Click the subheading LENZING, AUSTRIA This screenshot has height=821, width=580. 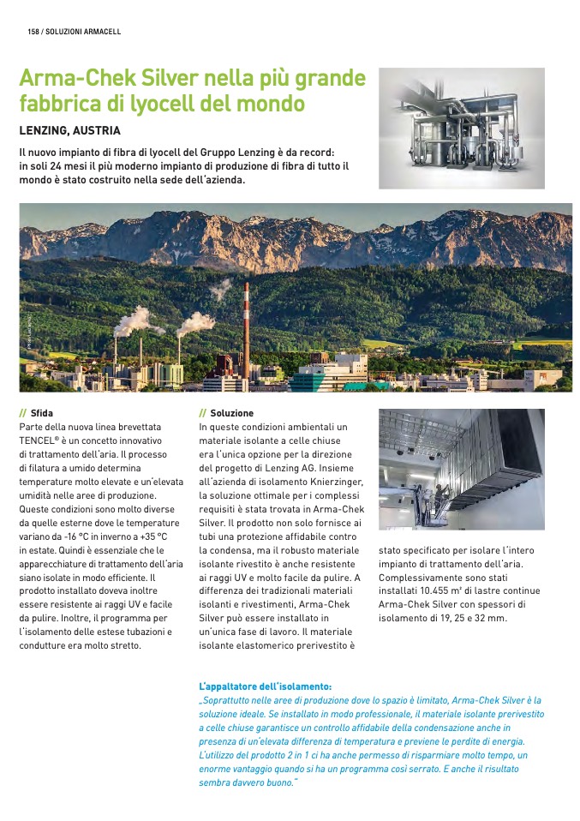point(69,131)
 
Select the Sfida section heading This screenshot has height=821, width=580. point(41,413)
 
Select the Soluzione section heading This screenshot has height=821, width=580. point(231,413)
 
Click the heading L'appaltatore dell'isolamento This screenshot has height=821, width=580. point(265,686)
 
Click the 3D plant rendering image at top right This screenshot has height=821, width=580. point(461,129)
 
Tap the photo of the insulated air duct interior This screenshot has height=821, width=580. point(461,470)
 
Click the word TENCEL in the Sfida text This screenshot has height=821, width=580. point(38,440)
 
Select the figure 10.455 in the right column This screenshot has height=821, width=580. point(440,590)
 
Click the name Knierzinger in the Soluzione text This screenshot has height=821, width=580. point(333,482)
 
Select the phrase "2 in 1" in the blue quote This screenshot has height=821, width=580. point(314,755)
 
